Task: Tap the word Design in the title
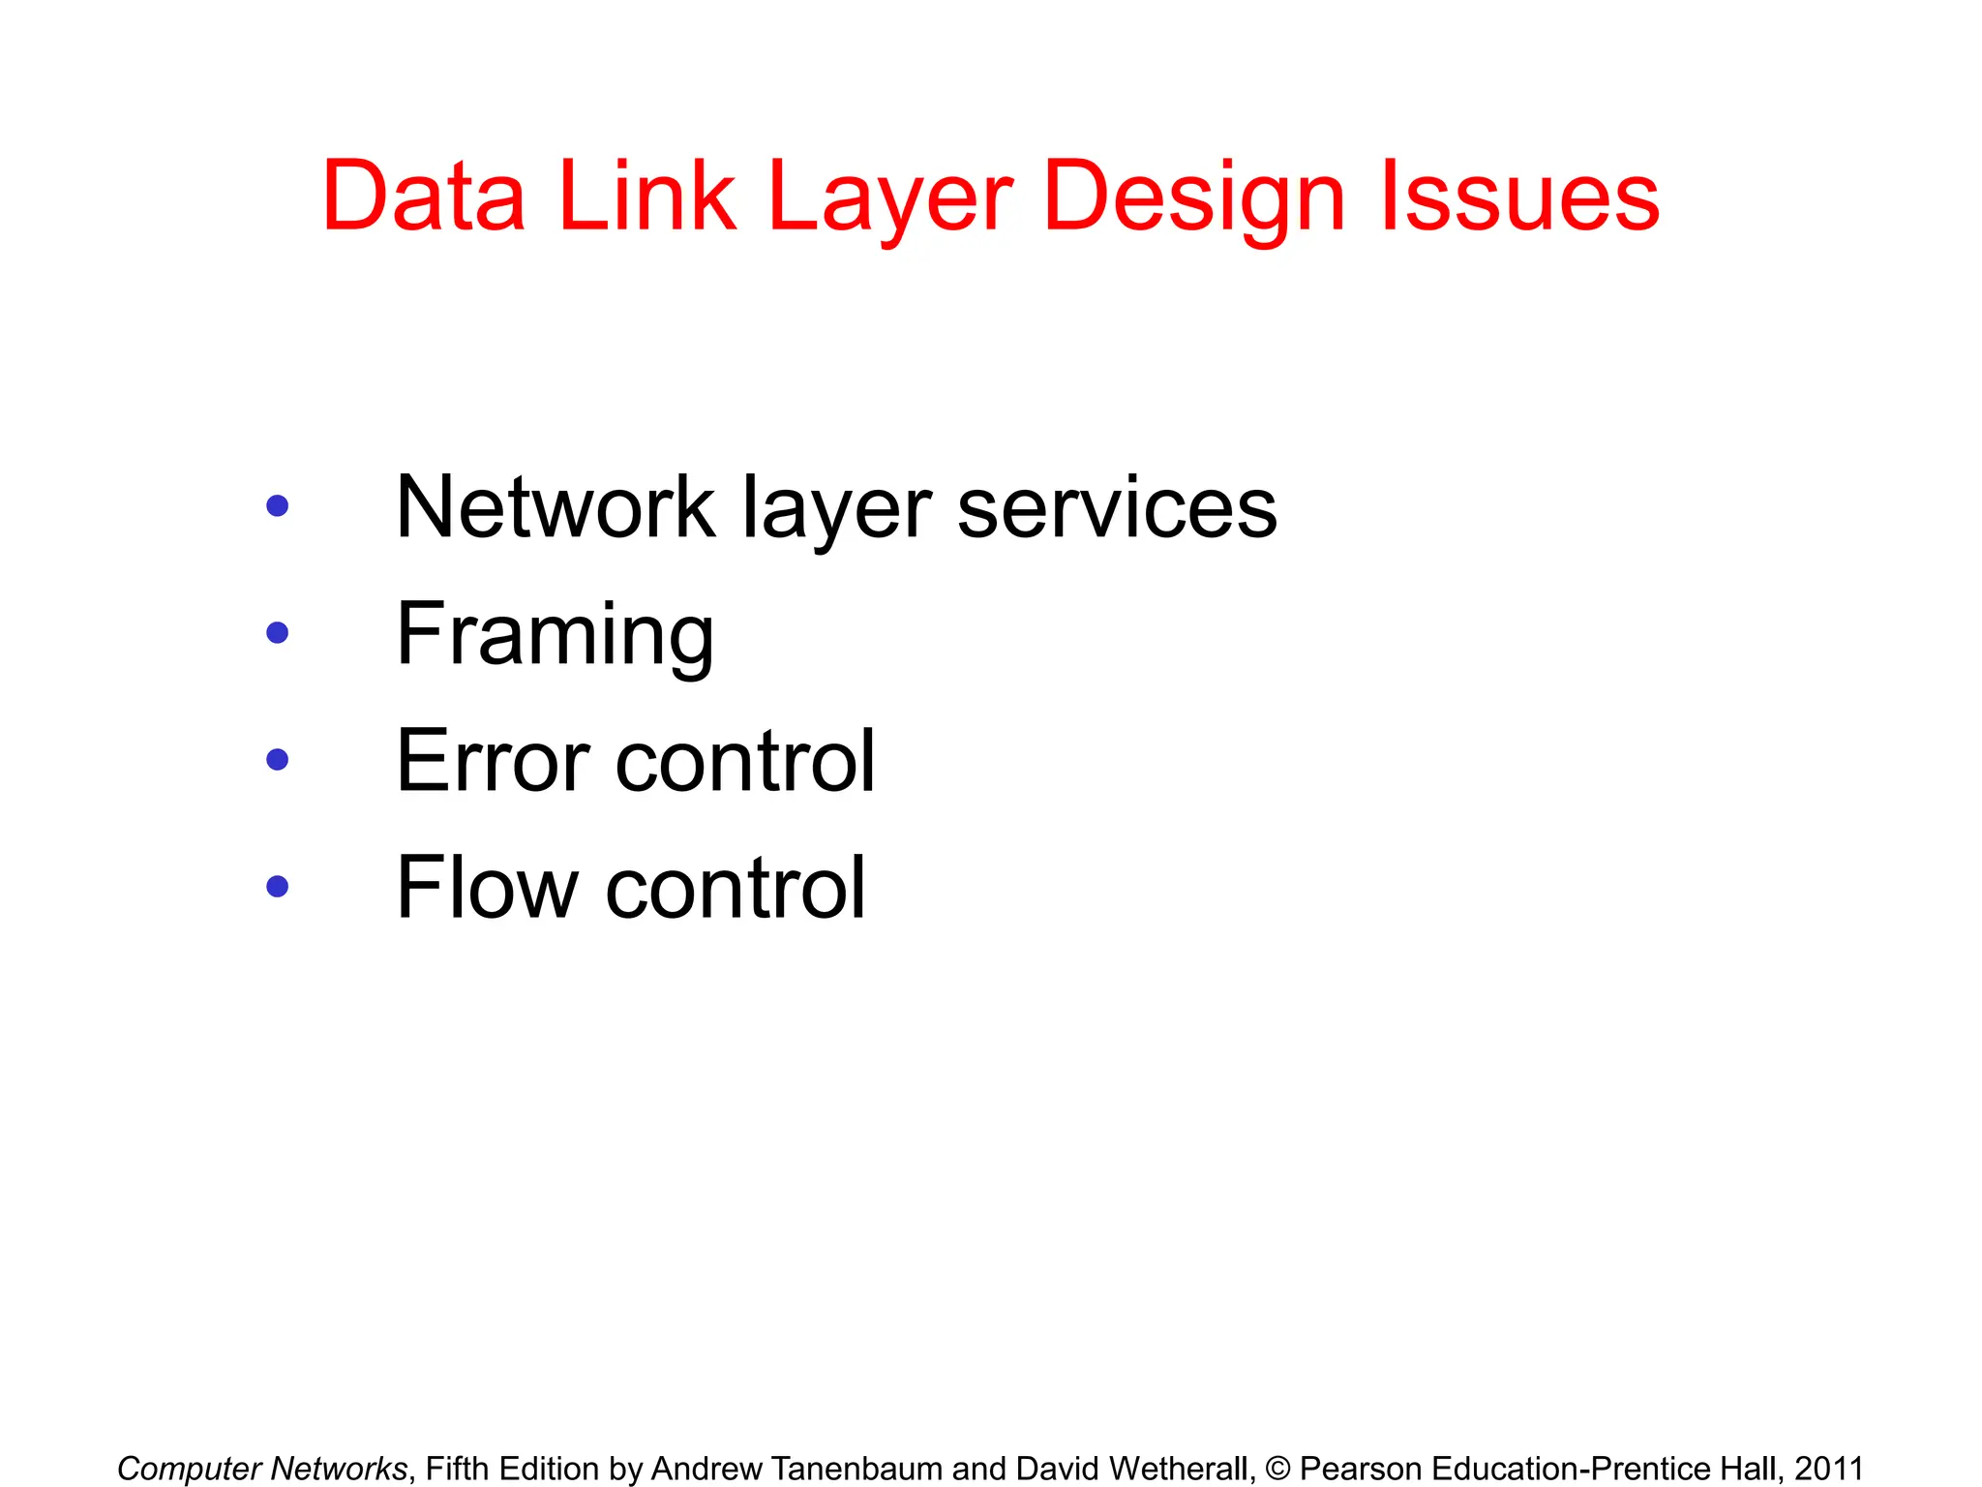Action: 1194,198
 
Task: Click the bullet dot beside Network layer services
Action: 278,505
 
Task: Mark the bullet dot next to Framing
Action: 278,633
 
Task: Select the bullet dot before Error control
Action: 278,760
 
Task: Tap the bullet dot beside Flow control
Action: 278,887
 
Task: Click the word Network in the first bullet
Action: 556,507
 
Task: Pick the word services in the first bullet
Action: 1117,509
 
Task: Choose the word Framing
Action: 556,636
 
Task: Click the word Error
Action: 493,762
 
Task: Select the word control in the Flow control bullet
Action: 736,888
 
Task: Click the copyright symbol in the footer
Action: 1277,1469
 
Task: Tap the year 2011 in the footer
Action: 1828,1469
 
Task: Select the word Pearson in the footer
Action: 1361,1469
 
